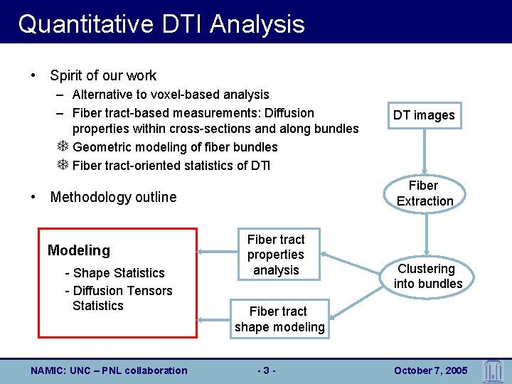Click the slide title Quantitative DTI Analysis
[x=161, y=24]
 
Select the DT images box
[x=424, y=115]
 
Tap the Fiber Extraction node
[x=425, y=193]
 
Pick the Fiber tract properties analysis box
[x=276, y=255]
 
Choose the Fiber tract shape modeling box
[x=279, y=319]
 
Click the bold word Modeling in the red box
[x=79, y=250]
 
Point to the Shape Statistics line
[x=114, y=273]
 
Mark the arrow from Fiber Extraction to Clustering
[x=426, y=234]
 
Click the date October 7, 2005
[x=430, y=370]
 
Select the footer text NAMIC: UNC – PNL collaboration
[x=110, y=370]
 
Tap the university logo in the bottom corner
[x=493, y=369]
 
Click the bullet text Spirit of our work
[x=103, y=75]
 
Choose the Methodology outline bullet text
[x=113, y=197]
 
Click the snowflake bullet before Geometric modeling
[x=63, y=147]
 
